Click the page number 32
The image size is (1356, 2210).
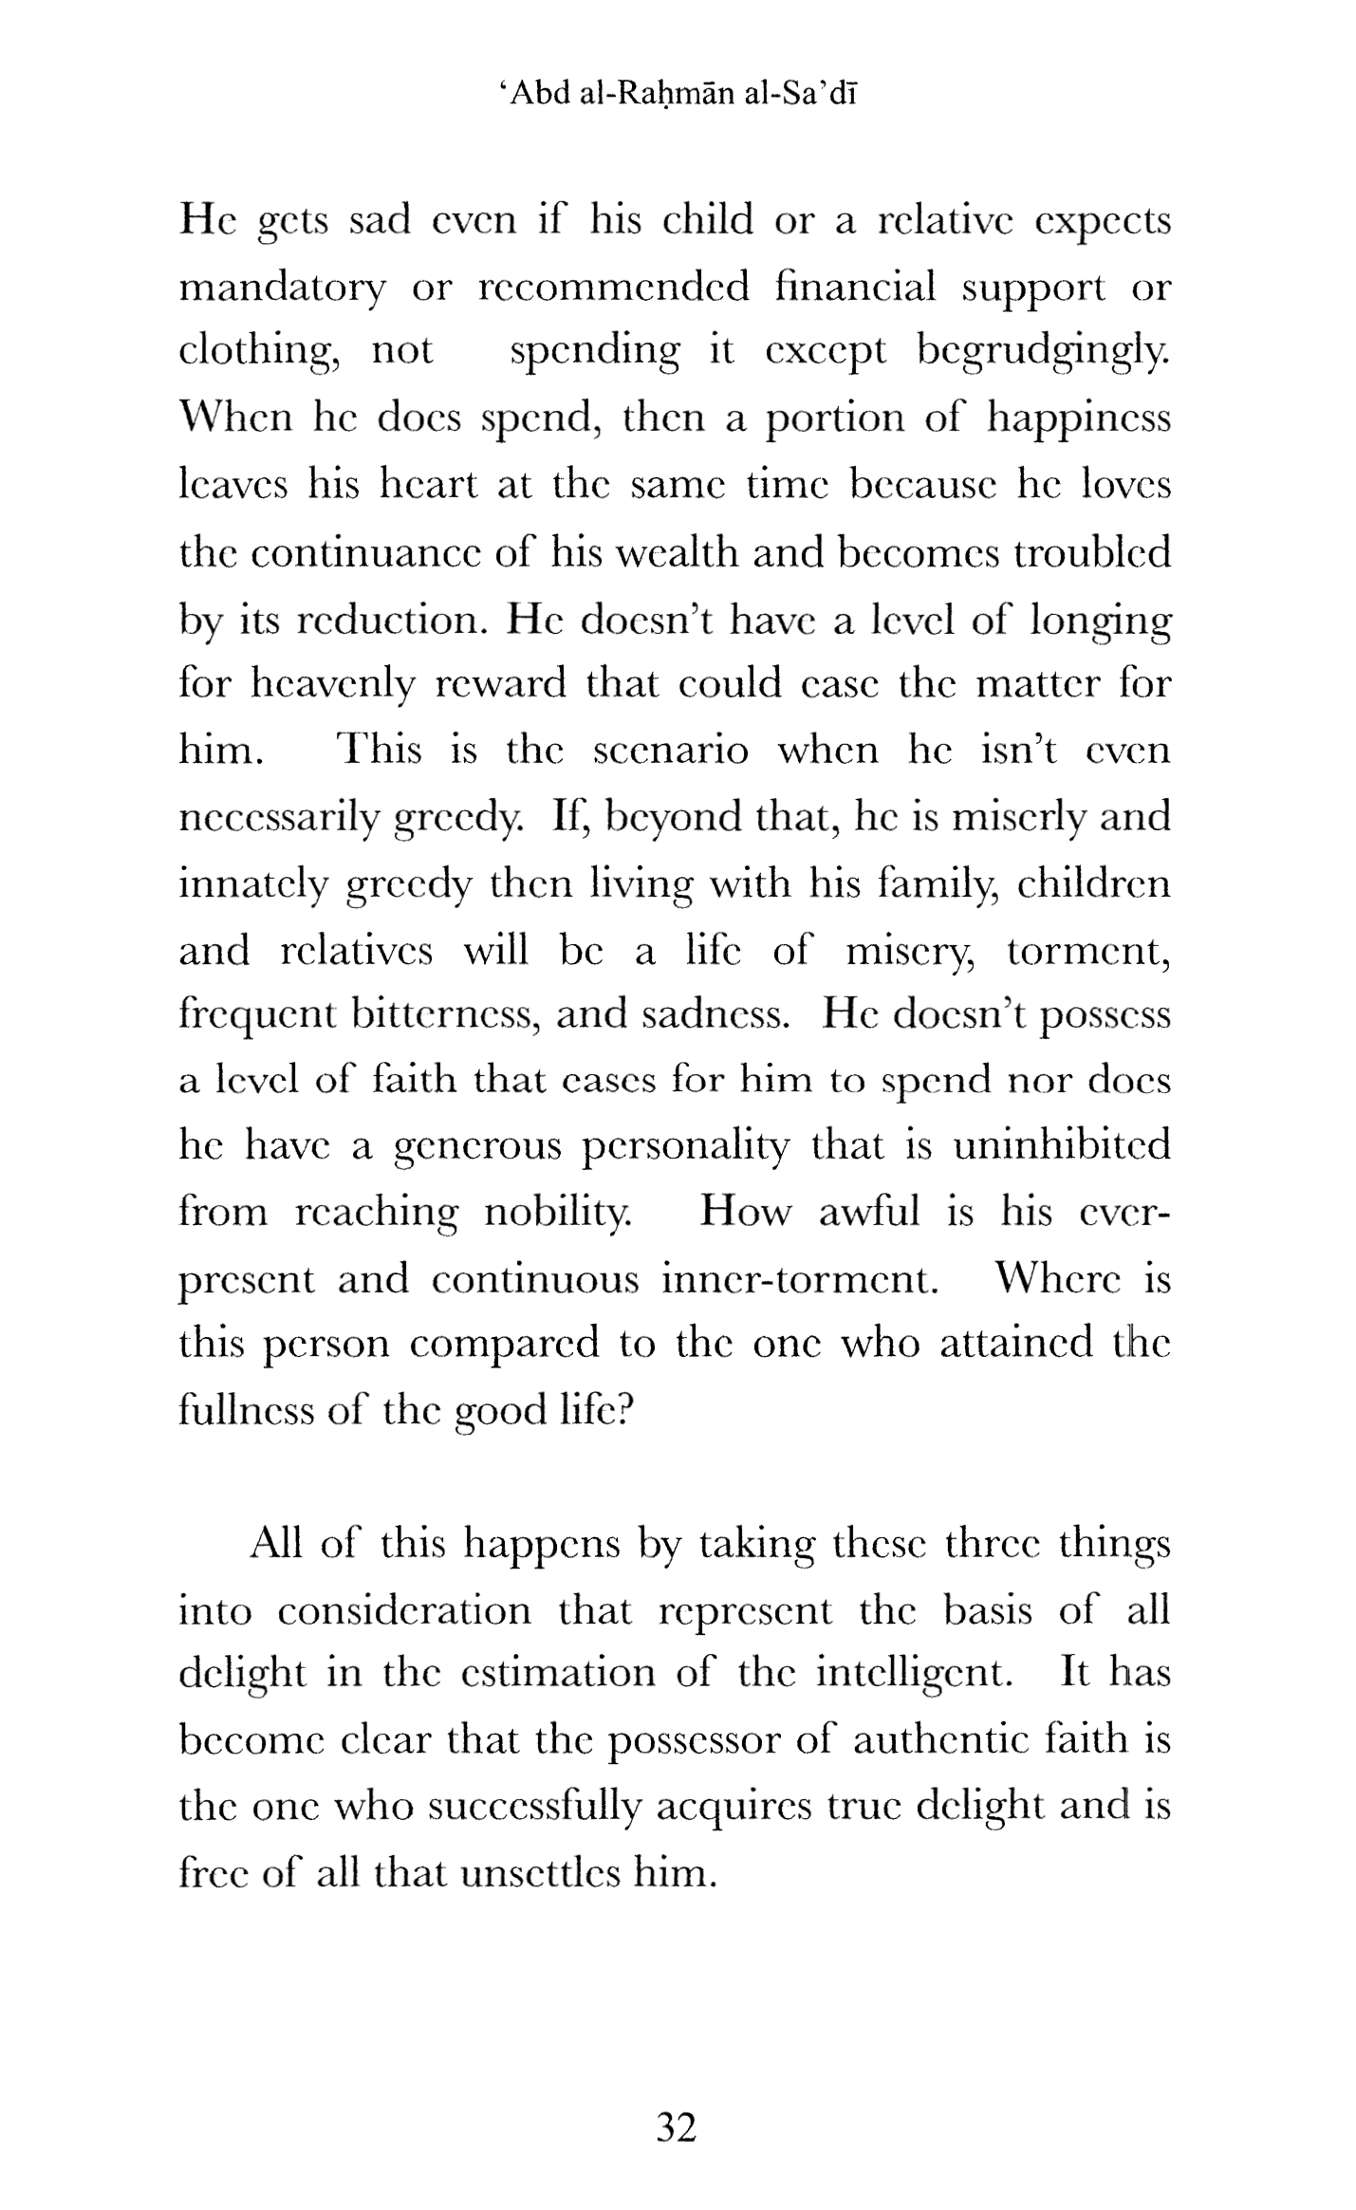pos(677,2126)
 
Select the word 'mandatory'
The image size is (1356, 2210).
pos(282,288)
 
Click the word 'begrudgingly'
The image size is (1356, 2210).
pos(1043,353)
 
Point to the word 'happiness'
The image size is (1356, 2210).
pos(1079,419)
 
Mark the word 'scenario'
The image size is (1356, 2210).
pos(670,751)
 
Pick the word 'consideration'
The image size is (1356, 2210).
pos(404,1610)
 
